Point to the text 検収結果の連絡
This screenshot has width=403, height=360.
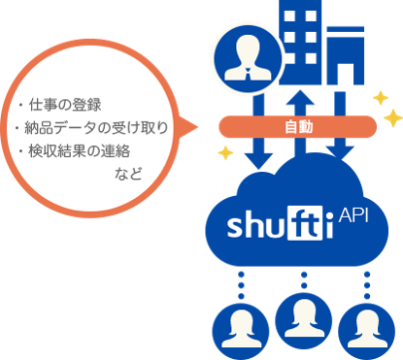(85, 151)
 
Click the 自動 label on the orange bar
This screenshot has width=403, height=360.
(298, 127)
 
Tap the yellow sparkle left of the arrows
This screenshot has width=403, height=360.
(225, 153)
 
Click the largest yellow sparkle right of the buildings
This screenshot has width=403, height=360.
(392, 117)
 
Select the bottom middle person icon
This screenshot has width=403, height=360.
(305, 316)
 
